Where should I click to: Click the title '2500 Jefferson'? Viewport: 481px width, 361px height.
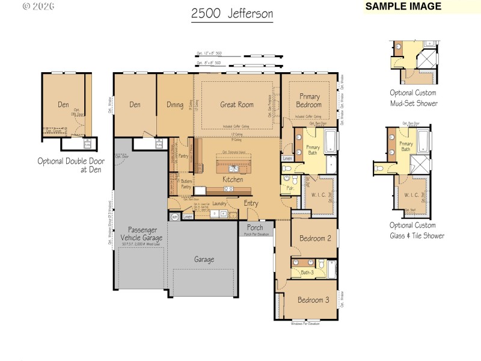coord(231,14)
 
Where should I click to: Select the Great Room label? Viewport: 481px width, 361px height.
coord(236,105)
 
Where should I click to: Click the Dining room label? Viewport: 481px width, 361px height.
coord(175,105)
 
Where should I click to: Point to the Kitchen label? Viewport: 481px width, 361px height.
coord(233,179)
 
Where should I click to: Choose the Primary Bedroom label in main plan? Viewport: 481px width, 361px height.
coord(308,100)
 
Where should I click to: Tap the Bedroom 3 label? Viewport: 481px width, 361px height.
coord(313,300)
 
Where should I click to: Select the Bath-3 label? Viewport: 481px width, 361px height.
coord(308,273)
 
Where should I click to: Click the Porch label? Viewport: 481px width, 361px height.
coord(255,228)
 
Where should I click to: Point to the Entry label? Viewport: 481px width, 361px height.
coord(251,203)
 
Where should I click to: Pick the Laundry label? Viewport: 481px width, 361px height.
coord(219,203)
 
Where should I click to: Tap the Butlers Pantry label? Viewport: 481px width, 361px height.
coord(186,184)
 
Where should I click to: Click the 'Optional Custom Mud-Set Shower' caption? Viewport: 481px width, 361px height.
coord(414,98)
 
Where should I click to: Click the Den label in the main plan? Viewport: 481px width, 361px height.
coord(135,105)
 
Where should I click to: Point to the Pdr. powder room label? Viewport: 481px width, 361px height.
coord(289,188)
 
